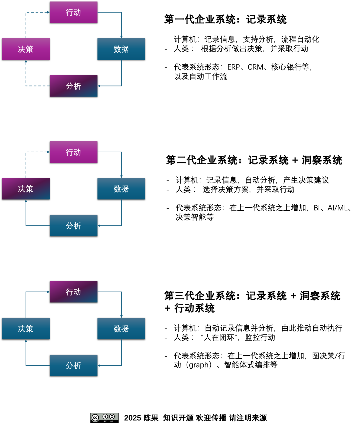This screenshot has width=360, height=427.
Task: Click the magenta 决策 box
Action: click(x=26, y=49)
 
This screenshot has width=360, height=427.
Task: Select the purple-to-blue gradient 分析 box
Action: click(x=74, y=86)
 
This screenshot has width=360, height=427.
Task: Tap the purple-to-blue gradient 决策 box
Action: click(x=26, y=189)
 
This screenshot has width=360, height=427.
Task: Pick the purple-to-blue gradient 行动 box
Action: click(x=74, y=292)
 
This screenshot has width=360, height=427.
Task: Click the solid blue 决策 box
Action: click(x=26, y=329)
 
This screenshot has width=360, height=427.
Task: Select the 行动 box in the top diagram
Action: click(x=74, y=12)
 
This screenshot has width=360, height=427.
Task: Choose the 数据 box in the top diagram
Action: click(x=121, y=49)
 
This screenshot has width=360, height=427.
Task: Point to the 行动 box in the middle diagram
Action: click(x=74, y=152)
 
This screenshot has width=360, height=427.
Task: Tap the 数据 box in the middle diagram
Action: click(x=121, y=189)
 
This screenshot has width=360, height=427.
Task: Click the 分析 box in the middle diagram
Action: click(x=74, y=226)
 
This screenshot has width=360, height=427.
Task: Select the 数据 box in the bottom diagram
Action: click(x=121, y=329)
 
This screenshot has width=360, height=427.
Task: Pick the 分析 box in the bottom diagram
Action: click(x=74, y=366)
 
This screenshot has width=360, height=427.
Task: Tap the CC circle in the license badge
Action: click(x=95, y=418)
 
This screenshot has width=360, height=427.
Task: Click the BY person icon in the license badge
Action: click(x=105, y=417)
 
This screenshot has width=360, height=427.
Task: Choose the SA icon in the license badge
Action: click(x=112, y=417)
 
